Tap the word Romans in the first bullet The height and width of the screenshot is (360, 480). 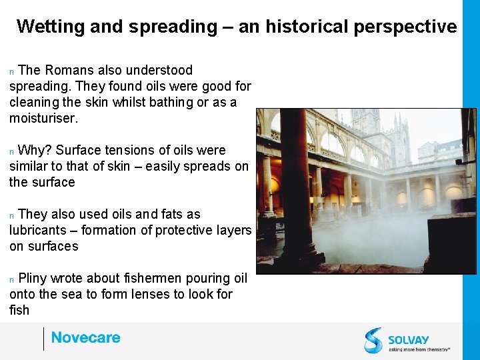(x=69, y=70)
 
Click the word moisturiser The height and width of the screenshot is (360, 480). (x=43, y=118)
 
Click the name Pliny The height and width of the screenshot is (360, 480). (x=32, y=278)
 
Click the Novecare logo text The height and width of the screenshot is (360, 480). (x=85, y=338)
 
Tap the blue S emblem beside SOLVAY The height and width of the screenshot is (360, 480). (x=373, y=340)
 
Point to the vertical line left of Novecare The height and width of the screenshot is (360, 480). (x=43, y=339)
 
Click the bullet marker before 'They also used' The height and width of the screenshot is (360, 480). (x=12, y=215)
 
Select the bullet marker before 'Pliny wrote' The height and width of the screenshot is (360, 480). (x=12, y=279)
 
